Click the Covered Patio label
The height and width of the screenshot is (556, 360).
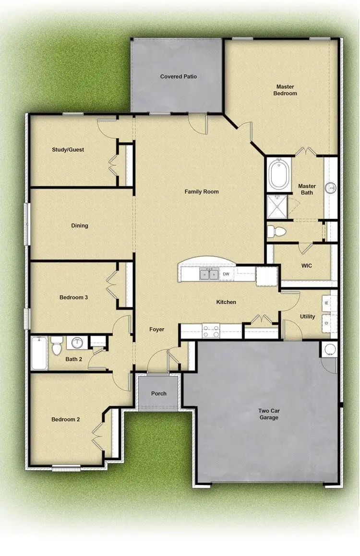(179, 76)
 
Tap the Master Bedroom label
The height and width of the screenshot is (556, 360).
(285, 90)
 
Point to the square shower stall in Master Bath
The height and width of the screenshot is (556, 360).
(276, 206)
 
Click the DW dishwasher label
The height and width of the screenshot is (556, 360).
(226, 274)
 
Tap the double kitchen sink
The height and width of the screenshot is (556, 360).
(208, 274)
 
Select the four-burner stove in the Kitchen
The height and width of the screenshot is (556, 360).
(211, 331)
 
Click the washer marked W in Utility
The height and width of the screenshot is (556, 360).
(326, 303)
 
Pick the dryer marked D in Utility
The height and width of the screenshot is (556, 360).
(326, 323)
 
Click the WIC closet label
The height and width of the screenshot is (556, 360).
(306, 266)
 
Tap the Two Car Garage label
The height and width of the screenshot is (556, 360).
(269, 414)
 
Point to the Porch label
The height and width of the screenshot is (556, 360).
(158, 393)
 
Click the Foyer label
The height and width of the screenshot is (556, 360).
(157, 330)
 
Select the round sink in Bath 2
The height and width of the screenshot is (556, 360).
(77, 343)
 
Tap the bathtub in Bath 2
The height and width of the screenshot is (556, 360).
(39, 353)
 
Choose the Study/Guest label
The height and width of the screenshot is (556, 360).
(68, 150)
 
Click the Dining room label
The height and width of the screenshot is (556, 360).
(80, 225)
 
